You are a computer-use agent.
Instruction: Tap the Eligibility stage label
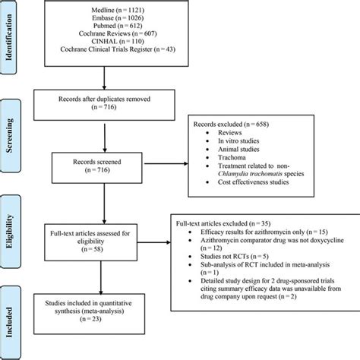click(17, 228)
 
